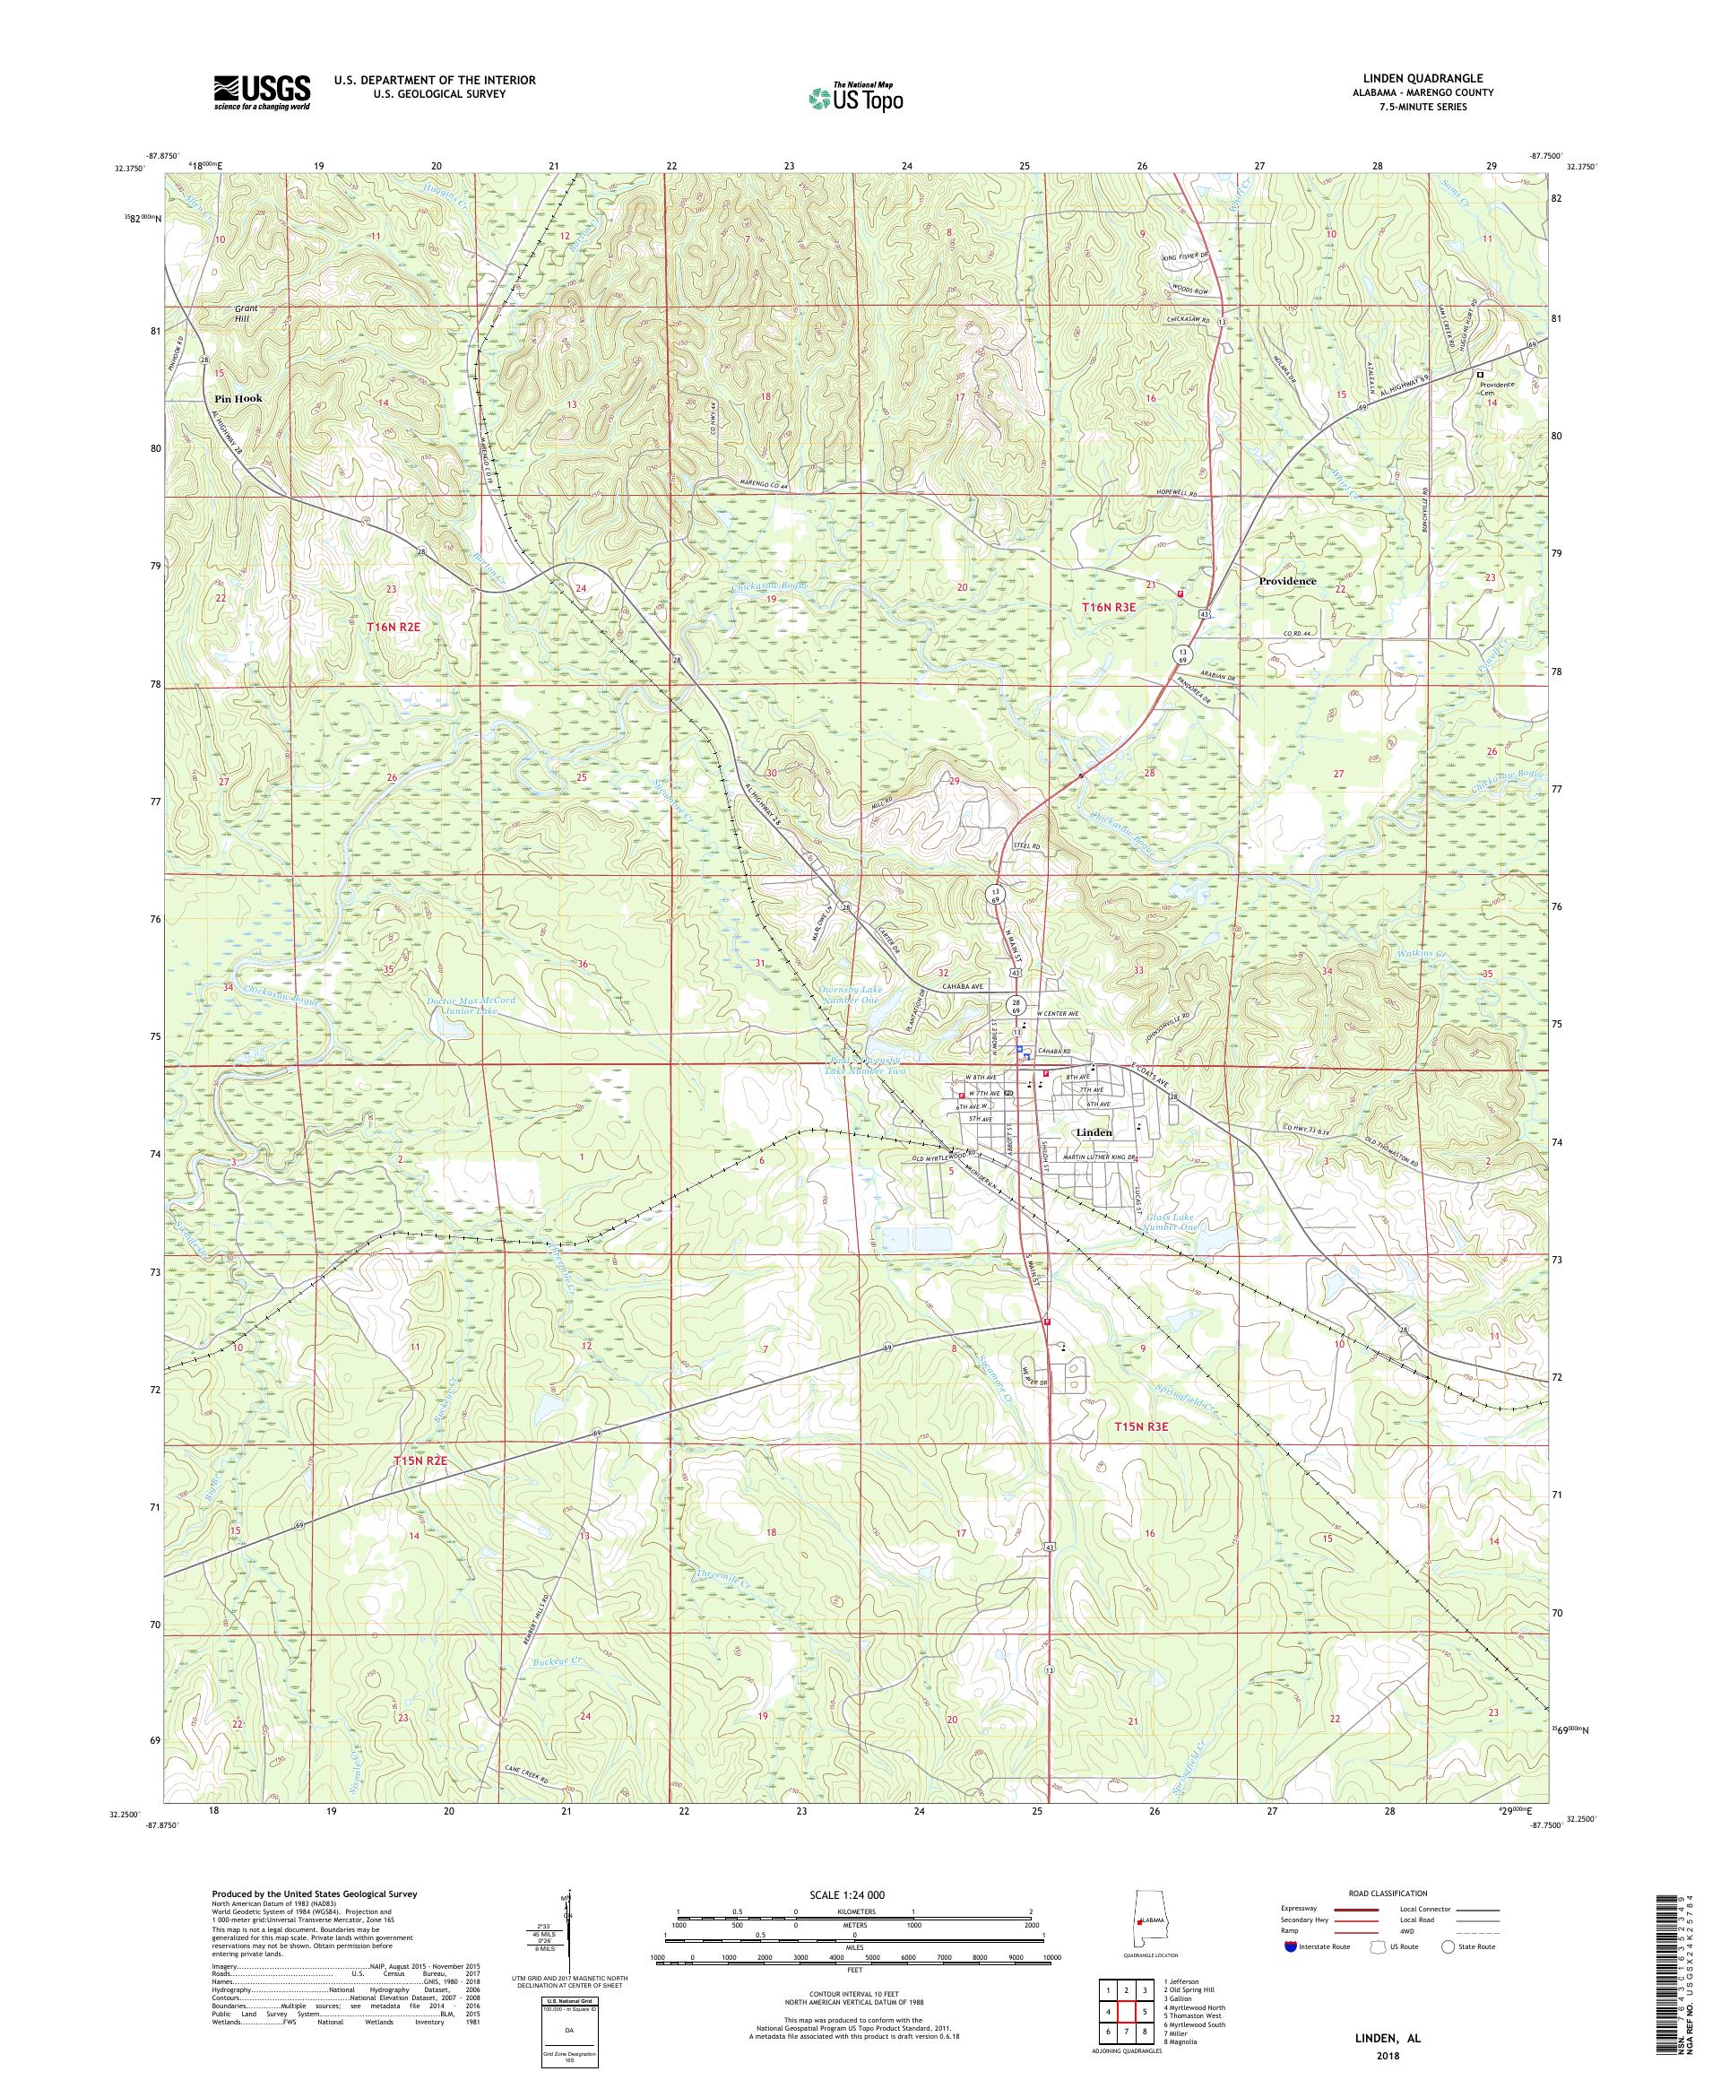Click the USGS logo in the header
coord(262,93)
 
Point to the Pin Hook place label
coord(238,398)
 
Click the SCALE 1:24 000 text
coord(853,1894)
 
